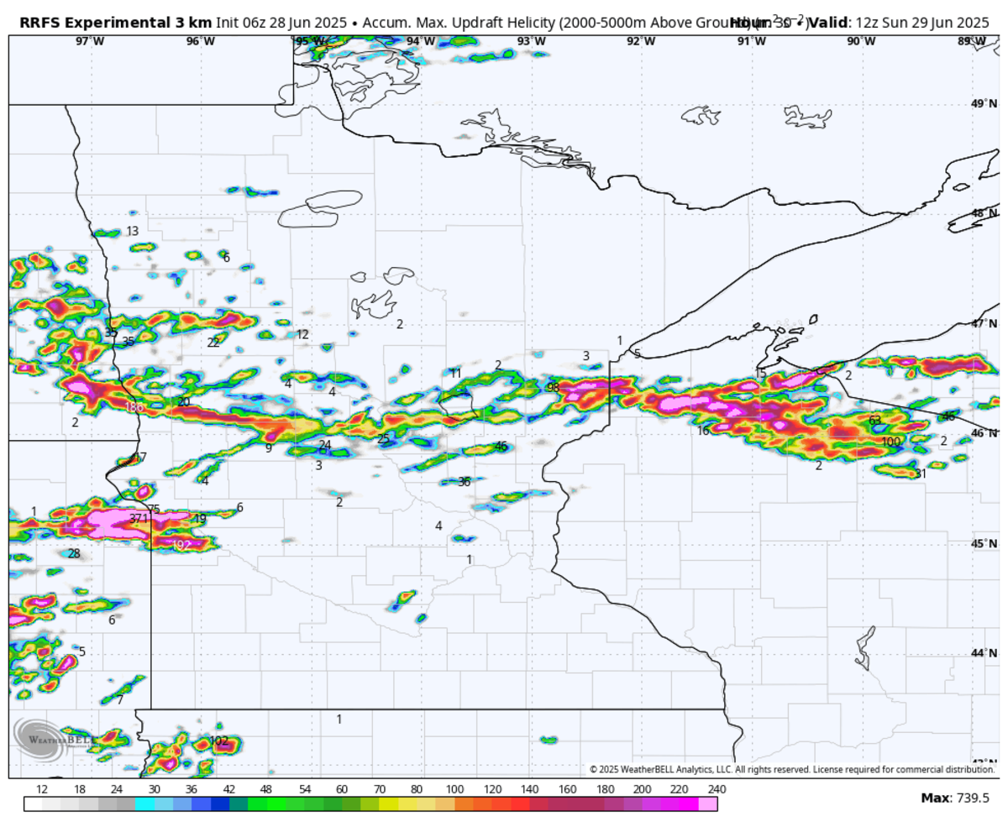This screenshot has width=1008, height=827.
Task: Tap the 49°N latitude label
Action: click(979, 104)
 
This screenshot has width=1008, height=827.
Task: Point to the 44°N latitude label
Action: click(979, 653)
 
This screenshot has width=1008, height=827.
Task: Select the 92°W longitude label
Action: click(641, 41)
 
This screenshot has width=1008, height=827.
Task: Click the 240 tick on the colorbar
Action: click(717, 789)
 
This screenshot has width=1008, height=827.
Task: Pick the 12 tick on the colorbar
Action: click(42, 789)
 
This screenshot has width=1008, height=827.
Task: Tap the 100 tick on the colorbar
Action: click(454, 789)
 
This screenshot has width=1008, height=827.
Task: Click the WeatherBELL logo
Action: click(39, 739)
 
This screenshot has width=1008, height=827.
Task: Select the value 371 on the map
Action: click(139, 519)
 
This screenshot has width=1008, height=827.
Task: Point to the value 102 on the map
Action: click(219, 741)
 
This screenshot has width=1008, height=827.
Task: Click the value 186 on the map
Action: click(134, 407)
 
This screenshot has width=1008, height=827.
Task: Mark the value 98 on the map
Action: click(553, 387)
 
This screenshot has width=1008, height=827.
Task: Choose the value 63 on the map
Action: click(874, 420)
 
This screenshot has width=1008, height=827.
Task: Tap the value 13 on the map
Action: click(133, 231)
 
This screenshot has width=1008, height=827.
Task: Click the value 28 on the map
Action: click(74, 553)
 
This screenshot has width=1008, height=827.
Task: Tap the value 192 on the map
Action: click(181, 544)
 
